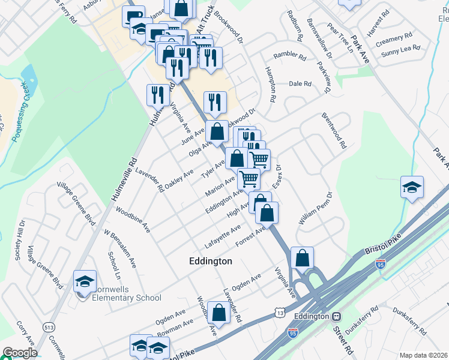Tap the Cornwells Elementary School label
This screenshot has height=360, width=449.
pyautogui.click(x=127, y=298)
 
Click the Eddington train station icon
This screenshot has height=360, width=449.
pyautogui.click(x=337, y=316)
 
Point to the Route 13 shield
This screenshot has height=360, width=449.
pyautogui.click(x=280, y=313)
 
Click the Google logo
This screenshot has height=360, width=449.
pyautogui.click(x=19, y=353)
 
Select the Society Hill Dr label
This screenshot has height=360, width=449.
pyautogui.click(x=19, y=244)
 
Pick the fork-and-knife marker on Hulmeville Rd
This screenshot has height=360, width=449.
pyautogui.click(x=157, y=96)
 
